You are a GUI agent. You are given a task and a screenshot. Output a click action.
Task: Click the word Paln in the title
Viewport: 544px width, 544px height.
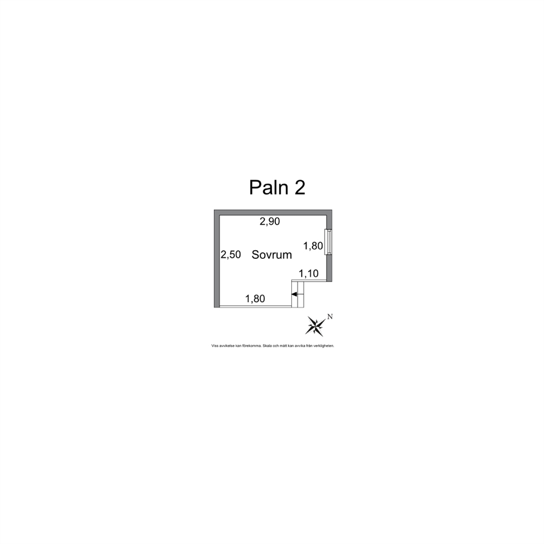[x=269, y=188]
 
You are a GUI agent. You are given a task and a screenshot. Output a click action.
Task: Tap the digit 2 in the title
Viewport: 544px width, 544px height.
[x=300, y=188]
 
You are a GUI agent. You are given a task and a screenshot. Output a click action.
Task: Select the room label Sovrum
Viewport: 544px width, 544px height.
[x=271, y=254]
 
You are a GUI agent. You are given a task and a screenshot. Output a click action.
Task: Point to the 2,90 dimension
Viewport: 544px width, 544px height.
[x=270, y=222]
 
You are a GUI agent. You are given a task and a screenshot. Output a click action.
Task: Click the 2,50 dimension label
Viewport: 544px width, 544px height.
[x=231, y=254]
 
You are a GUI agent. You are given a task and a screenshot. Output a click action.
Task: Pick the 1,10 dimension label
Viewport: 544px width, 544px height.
[x=308, y=274]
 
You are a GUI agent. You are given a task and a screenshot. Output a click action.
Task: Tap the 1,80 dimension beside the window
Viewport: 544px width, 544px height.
[x=313, y=246]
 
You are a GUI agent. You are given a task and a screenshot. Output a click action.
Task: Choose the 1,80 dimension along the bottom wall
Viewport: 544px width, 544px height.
[x=255, y=299]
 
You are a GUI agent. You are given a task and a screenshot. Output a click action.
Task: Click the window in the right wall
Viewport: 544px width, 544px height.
[x=328, y=242]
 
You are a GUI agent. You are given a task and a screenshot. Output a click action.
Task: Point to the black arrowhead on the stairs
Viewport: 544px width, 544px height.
[x=294, y=294]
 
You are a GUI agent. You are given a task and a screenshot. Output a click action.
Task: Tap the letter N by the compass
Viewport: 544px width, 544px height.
[x=330, y=316]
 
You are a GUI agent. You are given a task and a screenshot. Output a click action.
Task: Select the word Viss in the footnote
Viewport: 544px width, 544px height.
[x=215, y=346]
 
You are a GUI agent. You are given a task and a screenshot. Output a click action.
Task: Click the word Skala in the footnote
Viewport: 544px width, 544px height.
[x=267, y=346]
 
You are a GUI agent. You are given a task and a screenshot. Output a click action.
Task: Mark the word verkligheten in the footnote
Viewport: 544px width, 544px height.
[x=324, y=346]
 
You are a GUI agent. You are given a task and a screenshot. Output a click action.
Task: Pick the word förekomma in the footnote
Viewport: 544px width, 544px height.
[x=252, y=346]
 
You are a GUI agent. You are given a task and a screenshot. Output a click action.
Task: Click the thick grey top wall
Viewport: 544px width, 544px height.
[x=273, y=212]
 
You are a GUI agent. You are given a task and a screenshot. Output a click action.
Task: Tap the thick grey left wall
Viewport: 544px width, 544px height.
[x=217, y=258]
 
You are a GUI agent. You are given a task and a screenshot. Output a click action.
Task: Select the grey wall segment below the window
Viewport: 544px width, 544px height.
[x=329, y=268]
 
